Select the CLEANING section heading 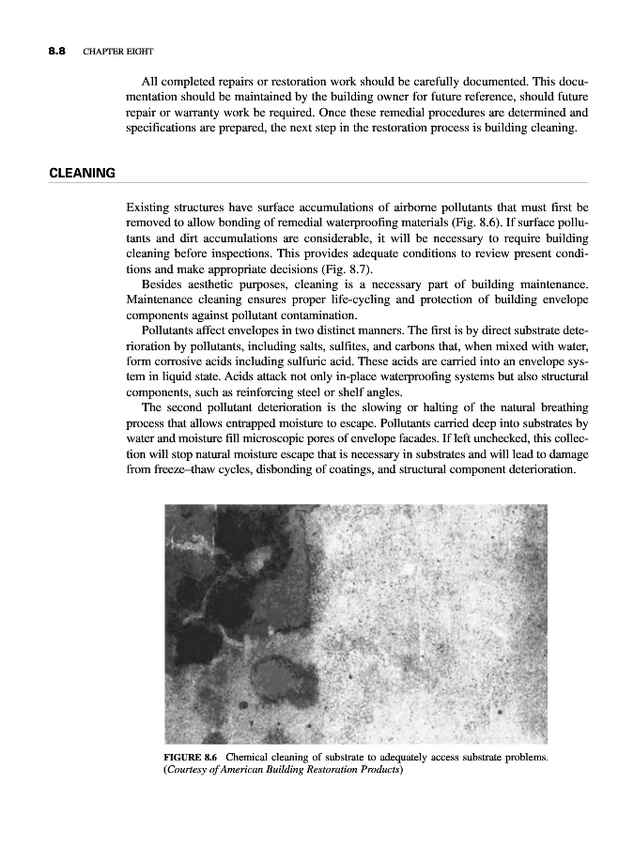pos(82,173)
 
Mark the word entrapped pos(235,422)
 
